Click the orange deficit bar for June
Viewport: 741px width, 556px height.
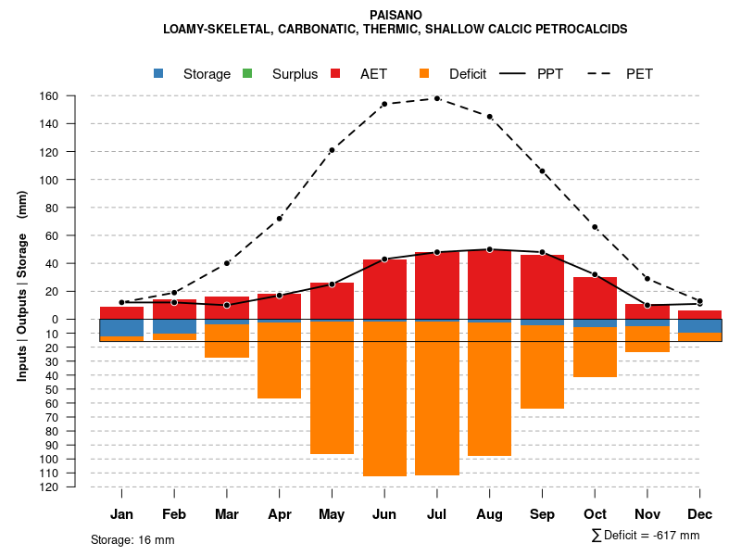click(384, 398)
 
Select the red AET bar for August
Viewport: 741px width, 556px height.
click(489, 284)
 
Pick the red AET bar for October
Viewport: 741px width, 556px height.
click(595, 297)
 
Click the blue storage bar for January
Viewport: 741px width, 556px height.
click(121, 328)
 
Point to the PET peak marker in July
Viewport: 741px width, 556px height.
click(437, 98)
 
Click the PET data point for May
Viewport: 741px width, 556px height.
click(332, 150)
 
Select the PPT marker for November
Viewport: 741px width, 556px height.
click(647, 305)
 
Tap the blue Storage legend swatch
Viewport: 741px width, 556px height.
click(159, 73)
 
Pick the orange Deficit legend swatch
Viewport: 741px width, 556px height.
click(425, 73)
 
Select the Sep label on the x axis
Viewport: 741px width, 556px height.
click(542, 514)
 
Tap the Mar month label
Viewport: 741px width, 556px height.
click(227, 514)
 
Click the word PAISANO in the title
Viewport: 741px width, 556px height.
click(396, 16)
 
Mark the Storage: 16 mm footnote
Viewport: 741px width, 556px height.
click(132, 539)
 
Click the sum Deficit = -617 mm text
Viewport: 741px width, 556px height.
click(646, 536)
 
